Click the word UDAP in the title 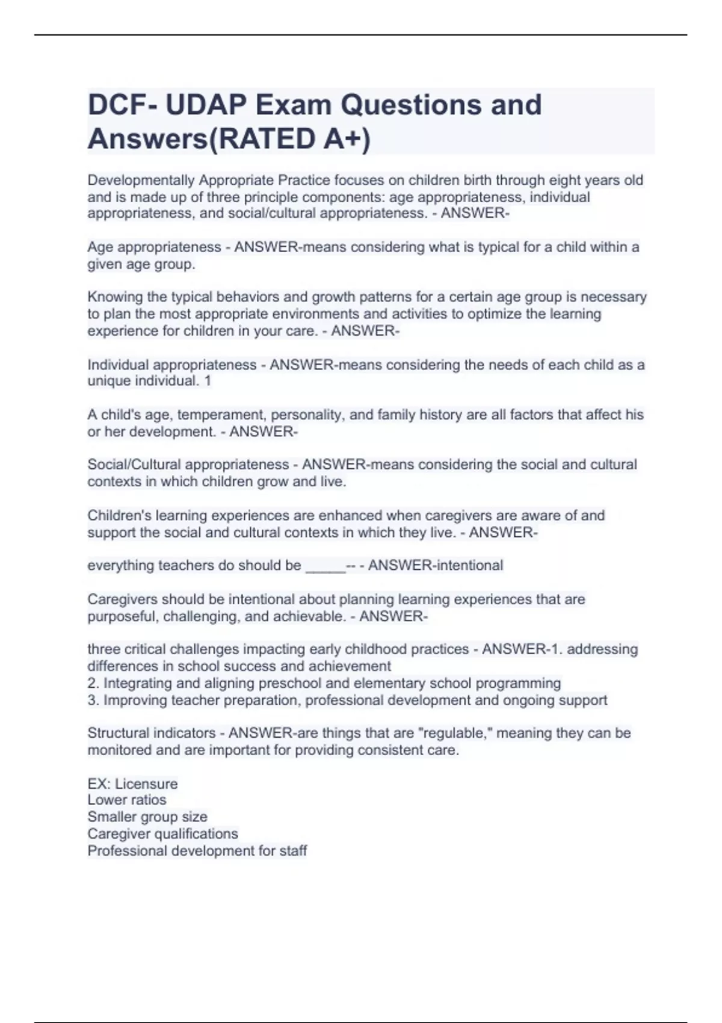tap(205, 105)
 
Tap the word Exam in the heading tap(293, 105)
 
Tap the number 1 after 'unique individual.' tap(208, 381)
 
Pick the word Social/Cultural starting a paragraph tap(136, 465)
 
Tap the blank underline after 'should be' tap(326, 566)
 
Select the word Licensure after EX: tap(146, 783)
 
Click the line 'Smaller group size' tap(147, 817)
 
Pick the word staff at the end tap(293, 850)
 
